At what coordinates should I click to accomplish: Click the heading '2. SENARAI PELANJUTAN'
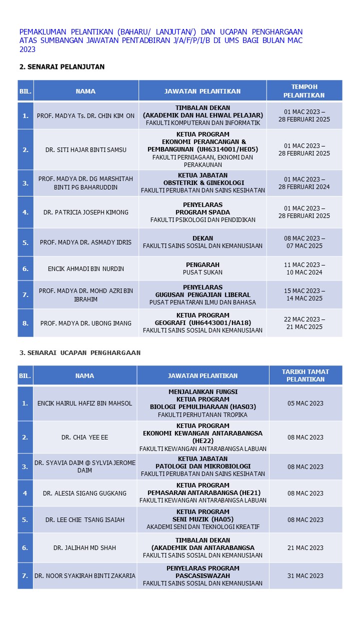click(62, 66)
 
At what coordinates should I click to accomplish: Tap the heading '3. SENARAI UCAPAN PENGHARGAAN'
click(80, 352)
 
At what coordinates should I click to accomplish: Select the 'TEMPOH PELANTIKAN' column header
click(304, 91)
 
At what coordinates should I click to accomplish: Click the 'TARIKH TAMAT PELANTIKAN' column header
click(305, 375)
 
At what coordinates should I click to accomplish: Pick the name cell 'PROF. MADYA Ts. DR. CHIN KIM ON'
click(85, 115)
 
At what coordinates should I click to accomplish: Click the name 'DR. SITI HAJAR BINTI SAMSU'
click(85, 149)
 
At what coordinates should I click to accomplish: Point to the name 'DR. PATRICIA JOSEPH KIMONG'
click(85, 212)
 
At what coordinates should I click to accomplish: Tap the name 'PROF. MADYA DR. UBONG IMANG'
click(85, 323)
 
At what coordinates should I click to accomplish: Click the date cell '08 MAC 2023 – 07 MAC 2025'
click(304, 242)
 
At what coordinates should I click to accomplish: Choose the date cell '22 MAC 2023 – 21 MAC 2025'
click(304, 323)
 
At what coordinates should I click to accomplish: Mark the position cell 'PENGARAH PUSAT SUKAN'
click(202, 268)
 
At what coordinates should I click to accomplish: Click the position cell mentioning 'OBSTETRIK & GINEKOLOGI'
click(202, 183)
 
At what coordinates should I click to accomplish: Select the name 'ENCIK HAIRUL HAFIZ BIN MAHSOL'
click(85, 403)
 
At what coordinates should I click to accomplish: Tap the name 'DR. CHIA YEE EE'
click(85, 437)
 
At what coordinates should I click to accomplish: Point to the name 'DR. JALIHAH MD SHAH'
click(85, 547)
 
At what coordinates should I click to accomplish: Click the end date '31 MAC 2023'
click(305, 575)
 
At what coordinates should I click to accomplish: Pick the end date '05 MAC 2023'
click(305, 403)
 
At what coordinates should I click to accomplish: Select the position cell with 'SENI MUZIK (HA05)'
click(202, 519)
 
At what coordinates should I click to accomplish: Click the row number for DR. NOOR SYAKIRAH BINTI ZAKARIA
click(25, 575)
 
